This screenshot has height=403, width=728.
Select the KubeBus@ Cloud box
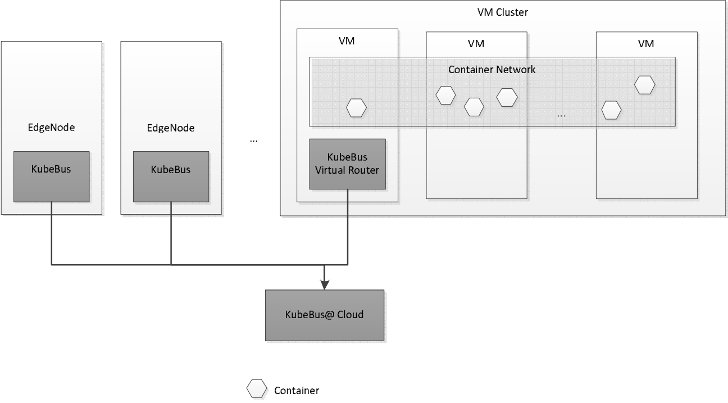click(325, 315)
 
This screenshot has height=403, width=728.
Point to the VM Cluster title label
click(502, 12)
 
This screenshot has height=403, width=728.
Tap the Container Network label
click(492, 70)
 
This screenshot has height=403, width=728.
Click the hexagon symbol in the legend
click(257, 389)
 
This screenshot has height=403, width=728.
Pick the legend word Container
click(297, 391)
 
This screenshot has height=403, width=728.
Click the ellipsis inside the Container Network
click(562, 115)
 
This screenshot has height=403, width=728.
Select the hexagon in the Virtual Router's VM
click(357, 107)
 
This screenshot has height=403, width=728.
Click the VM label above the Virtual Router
click(347, 40)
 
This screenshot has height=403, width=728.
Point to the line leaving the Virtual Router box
click(348, 225)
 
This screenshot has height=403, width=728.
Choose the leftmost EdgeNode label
click(51, 127)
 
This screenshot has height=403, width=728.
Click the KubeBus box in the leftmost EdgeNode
click(51, 176)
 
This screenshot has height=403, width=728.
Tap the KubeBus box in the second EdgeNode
click(171, 176)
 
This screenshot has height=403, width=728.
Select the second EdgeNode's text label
click(171, 128)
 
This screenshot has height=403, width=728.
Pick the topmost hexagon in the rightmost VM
click(645, 85)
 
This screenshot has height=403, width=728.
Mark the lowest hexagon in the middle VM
click(474, 107)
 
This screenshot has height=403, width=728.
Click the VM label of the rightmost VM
click(646, 43)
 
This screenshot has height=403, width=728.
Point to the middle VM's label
click(476, 43)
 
